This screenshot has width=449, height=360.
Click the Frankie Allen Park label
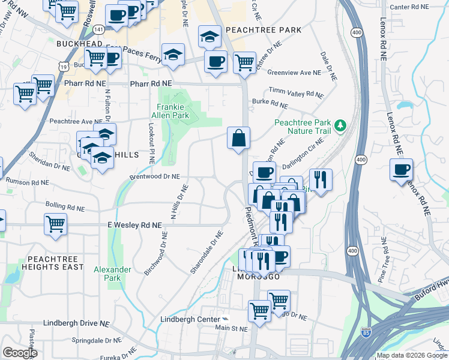coord(169,111)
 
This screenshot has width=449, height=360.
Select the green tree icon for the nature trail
coord(341,125)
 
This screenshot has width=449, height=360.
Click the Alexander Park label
coord(112,274)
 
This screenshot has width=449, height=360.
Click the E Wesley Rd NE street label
coord(135,225)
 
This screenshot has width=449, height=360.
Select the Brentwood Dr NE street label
coord(155,177)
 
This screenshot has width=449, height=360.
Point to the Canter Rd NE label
coord(410,7)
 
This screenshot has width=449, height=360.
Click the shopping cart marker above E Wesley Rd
coord(55,223)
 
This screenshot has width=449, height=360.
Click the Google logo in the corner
coord(20,353)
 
